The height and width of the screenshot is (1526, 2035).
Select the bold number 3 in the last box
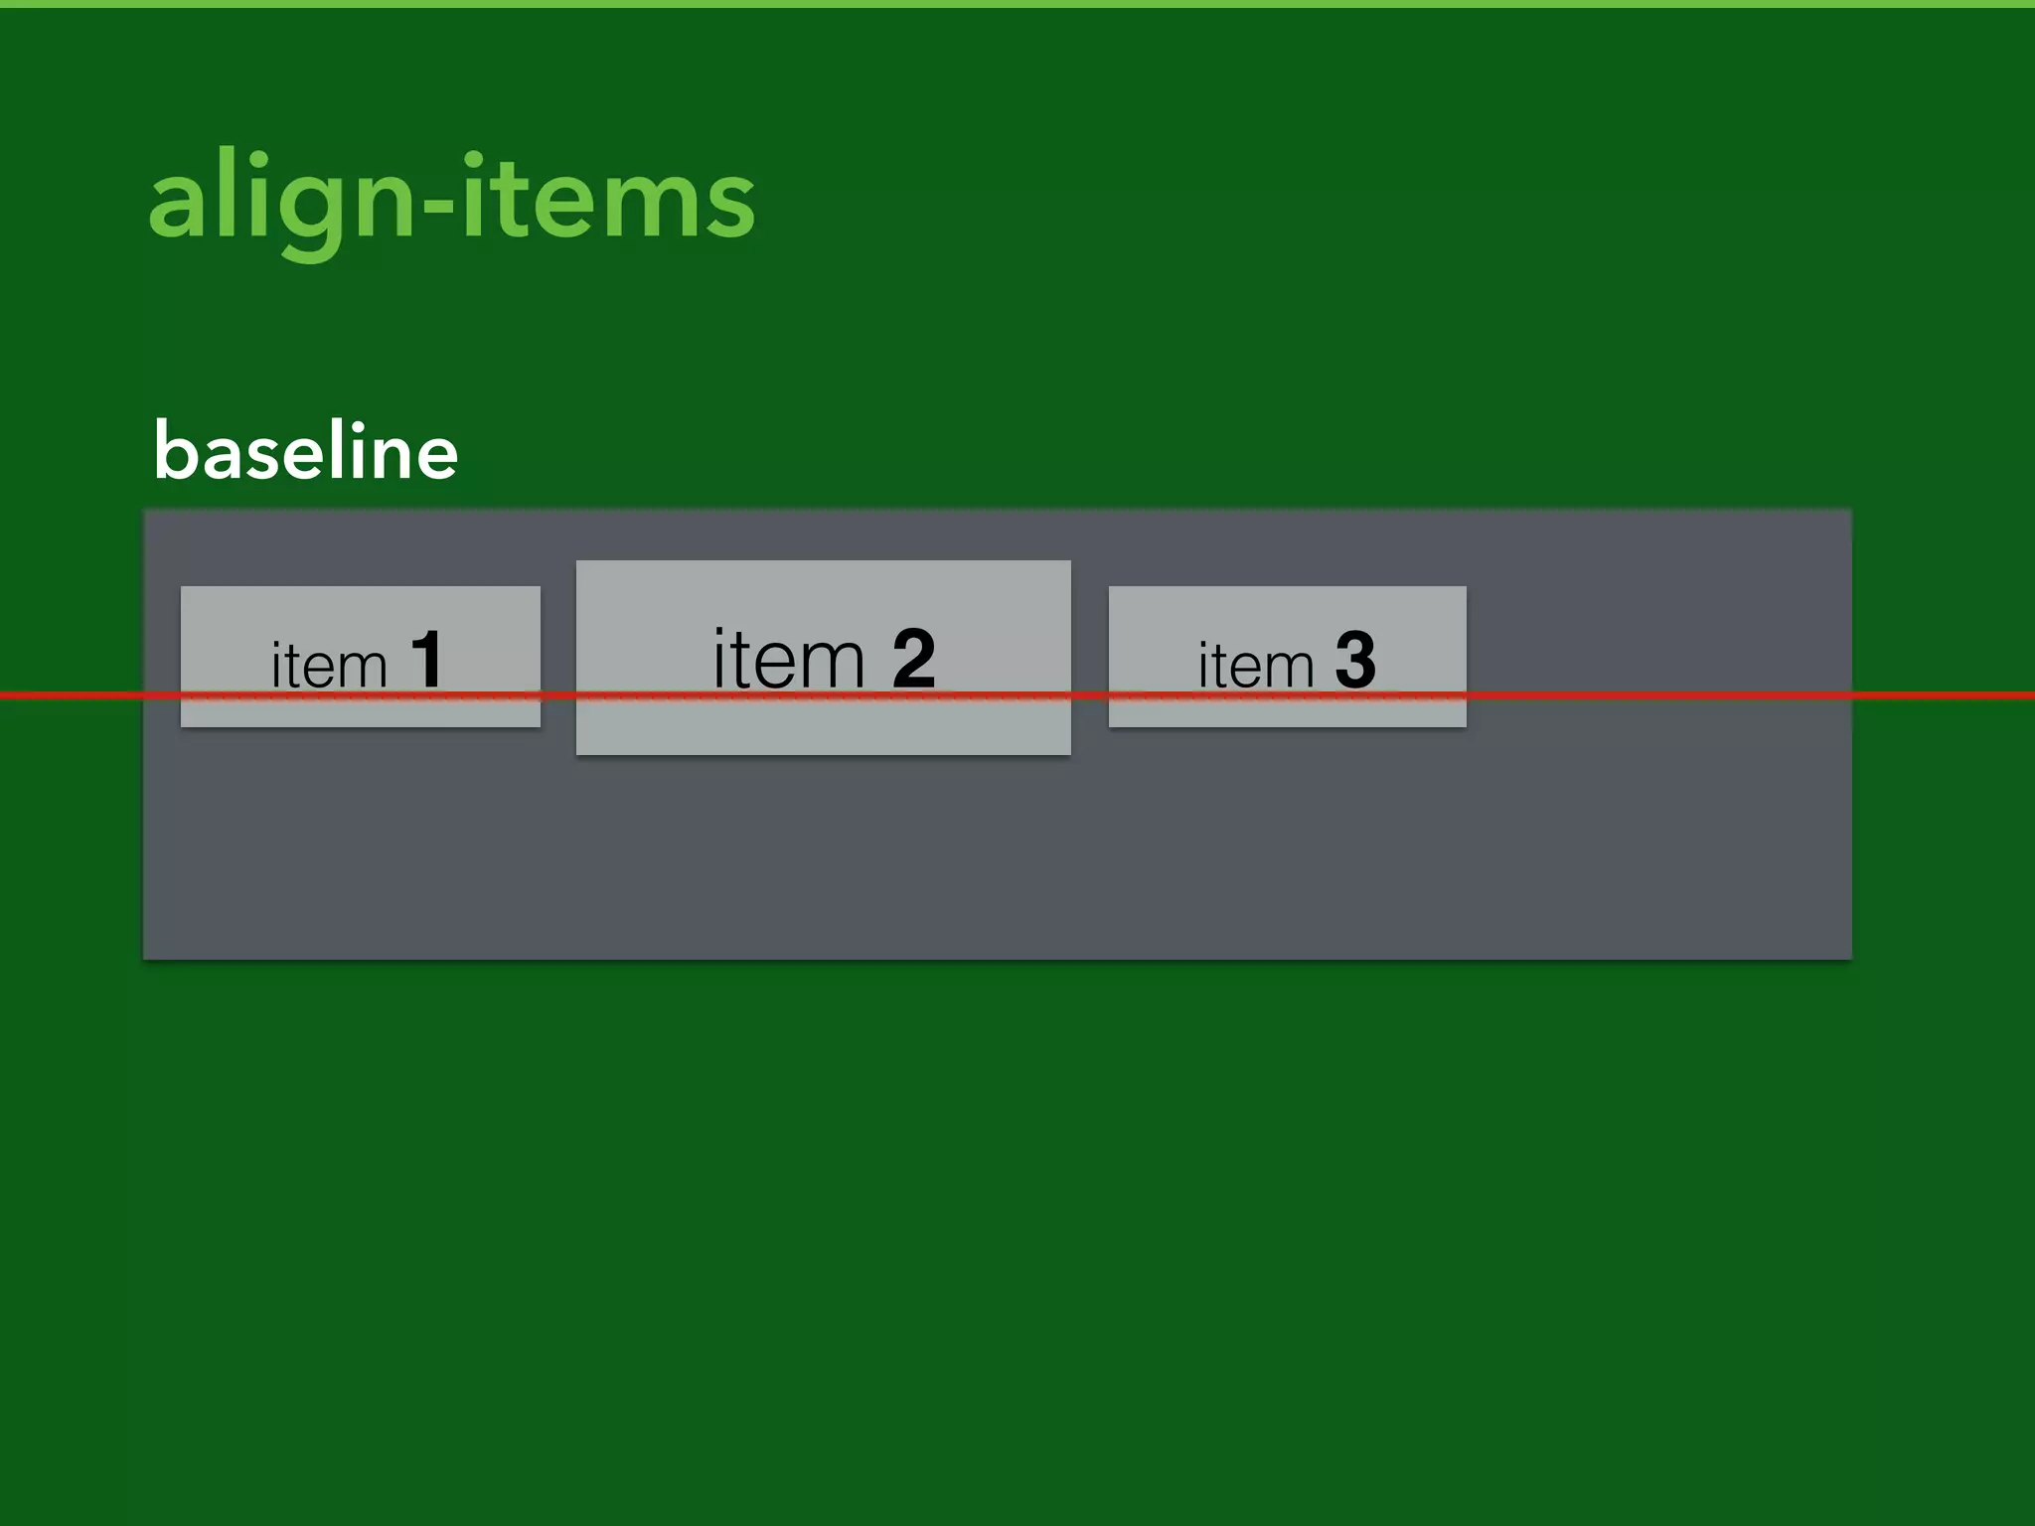(x=1355, y=660)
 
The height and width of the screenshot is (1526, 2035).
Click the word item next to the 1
(x=328, y=665)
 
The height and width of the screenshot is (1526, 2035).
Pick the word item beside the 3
(x=1255, y=665)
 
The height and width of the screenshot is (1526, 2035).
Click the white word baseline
(x=306, y=452)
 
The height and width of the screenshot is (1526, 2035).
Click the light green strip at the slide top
(x=1017, y=4)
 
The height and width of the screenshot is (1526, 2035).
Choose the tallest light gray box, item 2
(x=823, y=725)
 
